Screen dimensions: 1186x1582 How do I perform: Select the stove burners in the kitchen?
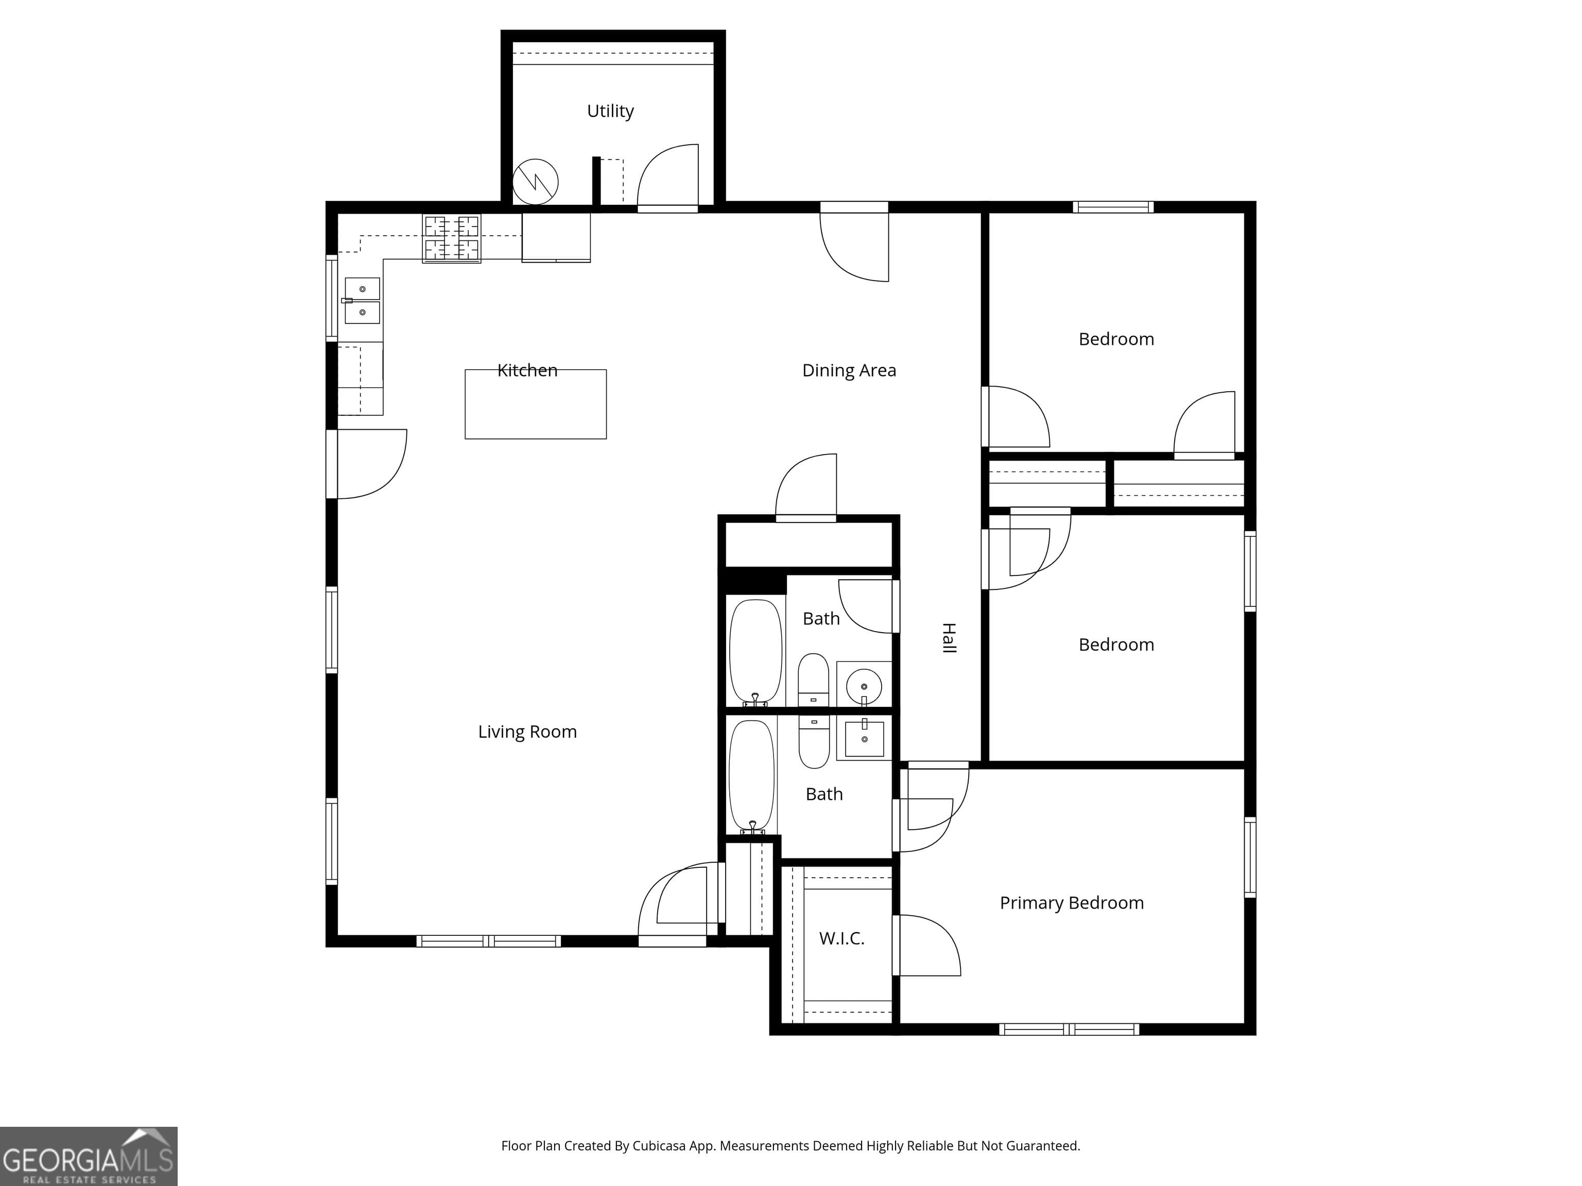pos(451,238)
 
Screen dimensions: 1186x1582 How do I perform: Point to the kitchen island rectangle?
pos(536,405)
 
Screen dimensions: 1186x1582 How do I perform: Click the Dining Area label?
pos(849,370)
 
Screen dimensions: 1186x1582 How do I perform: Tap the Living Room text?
pos(527,732)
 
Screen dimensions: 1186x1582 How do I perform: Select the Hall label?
pos(949,638)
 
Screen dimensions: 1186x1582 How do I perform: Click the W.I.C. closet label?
pos(842,938)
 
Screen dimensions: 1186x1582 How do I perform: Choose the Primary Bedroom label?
pos(1071,903)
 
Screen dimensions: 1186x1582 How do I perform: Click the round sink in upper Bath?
pos(864,686)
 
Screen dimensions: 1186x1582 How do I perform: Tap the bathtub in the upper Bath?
pos(755,653)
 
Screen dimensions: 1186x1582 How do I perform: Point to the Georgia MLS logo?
pos(89,1156)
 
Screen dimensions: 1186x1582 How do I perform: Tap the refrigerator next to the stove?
pos(556,237)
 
